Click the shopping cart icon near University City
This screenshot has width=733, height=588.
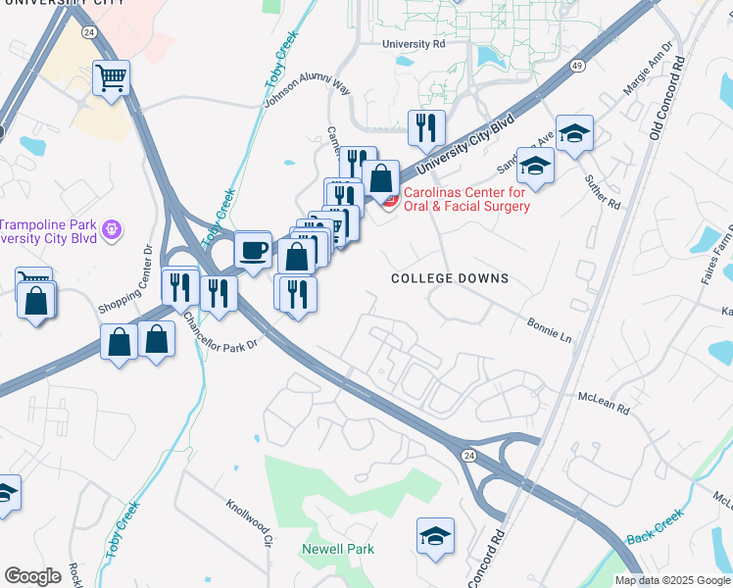112,77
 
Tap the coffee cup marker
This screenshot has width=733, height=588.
254,250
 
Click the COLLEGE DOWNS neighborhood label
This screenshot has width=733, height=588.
450,278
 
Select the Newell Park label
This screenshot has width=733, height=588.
338,549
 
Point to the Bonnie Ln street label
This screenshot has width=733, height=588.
549,329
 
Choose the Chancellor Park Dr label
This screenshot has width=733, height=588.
218,328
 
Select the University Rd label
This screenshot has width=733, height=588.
414,44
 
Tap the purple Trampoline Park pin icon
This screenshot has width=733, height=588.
114,229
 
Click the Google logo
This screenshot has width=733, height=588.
32,575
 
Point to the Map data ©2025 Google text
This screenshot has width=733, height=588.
672,580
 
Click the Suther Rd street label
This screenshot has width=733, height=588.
602,191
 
